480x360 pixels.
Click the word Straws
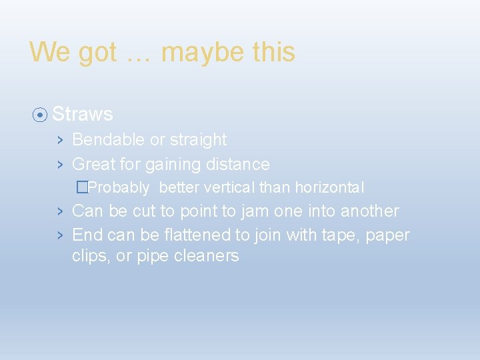tap(82, 114)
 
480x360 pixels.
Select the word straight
tap(198, 140)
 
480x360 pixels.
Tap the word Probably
tap(118, 188)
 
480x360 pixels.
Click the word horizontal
tap(329, 188)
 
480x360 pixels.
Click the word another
tap(369, 211)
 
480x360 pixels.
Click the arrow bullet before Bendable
tap(59, 140)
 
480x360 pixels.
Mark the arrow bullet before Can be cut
tap(59, 211)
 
